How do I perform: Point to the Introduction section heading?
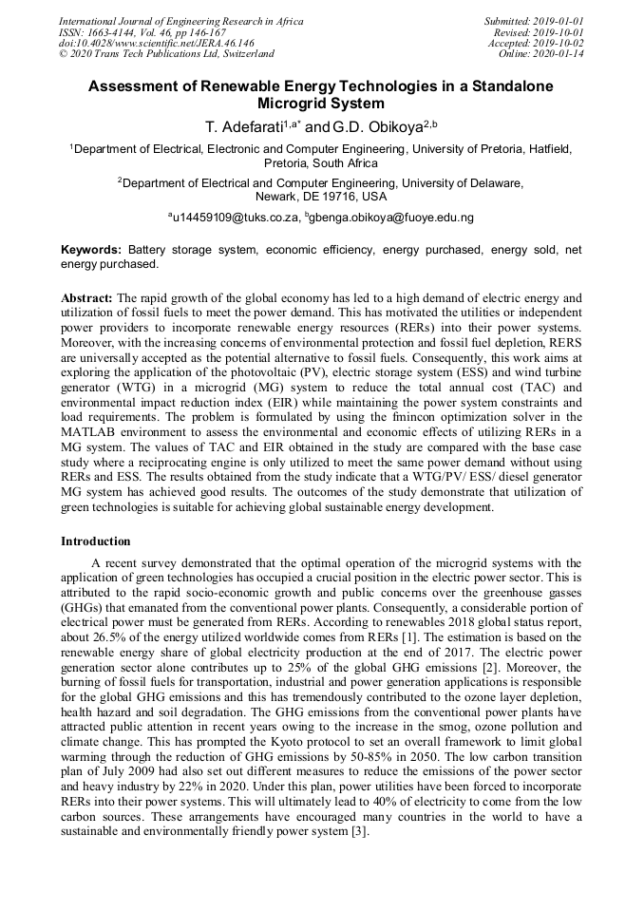[x=96, y=541]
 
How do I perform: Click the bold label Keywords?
[x=91, y=250]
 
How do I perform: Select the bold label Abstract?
[x=86, y=297]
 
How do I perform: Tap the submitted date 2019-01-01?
[x=559, y=20]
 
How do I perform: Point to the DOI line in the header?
[x=157, y=43]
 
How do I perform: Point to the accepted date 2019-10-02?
[x=559, y=43]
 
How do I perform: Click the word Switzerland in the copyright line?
[x=244, y=54]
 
